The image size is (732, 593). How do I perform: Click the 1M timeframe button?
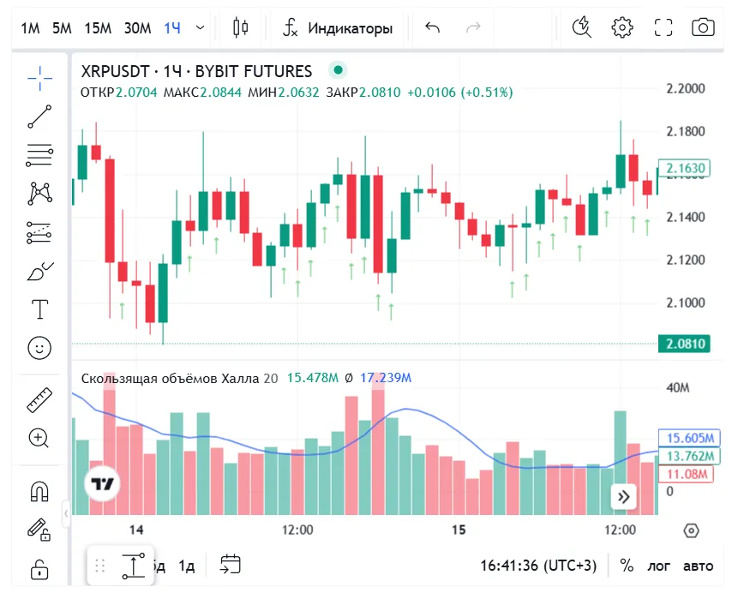coord(31,27)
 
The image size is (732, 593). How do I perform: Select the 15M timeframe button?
coord(98,27)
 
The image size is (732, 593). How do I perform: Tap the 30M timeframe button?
coord(137,27)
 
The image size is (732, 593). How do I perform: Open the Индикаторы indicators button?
coord(339,27)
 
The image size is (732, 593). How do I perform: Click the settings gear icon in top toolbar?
coord(621,27)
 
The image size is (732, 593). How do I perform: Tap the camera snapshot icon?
coord(703,27)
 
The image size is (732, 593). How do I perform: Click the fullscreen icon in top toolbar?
coord(663,27)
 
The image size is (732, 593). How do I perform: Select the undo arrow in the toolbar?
coord(432,27)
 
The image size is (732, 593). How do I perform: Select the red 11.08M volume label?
coord(685,474)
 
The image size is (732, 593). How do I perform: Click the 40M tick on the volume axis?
coord(678,387)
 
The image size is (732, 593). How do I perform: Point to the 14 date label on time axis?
coord(135,530)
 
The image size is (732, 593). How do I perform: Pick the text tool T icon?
coord(39,308)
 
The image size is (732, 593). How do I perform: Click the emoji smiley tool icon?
coord(39,348)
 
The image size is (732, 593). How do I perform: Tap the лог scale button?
coord(659,566)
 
